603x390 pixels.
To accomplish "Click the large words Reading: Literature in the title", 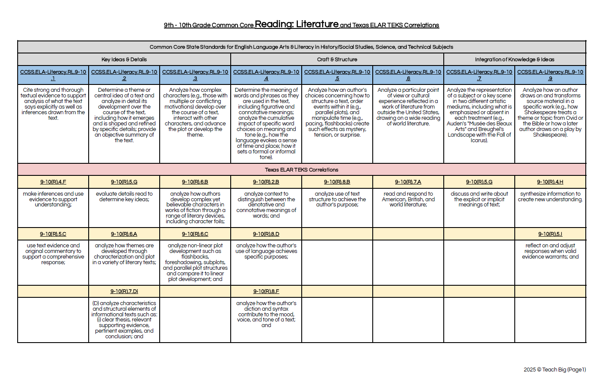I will (x=297, y=24).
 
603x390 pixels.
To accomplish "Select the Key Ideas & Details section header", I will (x=124, y=59).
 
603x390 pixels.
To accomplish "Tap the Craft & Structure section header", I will (x=337, y=59).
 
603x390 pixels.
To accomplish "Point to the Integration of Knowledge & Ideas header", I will (x=514, y=59).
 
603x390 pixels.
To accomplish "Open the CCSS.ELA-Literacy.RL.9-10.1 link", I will (x=53, y=75).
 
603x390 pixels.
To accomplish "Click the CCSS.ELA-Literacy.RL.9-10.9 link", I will (x=550, y=75).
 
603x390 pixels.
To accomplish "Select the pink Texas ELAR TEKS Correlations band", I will (x=301, y=170).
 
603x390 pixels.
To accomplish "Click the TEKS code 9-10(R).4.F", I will (x=53, y=182).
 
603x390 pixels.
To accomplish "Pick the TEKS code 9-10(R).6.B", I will (x=195, y=182).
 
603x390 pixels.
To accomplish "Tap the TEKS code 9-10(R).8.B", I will (x=337, y=182).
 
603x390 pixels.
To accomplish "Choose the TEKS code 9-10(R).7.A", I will (x=408, y=182).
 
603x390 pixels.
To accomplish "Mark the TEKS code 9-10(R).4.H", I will (x=550, y=182).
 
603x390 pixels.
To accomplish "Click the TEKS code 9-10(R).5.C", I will (x=53, y=234).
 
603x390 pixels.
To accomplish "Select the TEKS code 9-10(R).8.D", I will (x=266, y=234).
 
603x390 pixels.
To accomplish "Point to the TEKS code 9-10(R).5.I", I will (x=550, y=234).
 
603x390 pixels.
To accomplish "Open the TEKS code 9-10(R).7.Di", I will (x=124, y=291).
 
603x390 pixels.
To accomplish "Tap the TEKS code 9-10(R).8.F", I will (x=266, y=291).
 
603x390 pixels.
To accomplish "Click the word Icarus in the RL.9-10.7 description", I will (x=479, y=140).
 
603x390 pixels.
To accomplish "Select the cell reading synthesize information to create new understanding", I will (x=550, y=197).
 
